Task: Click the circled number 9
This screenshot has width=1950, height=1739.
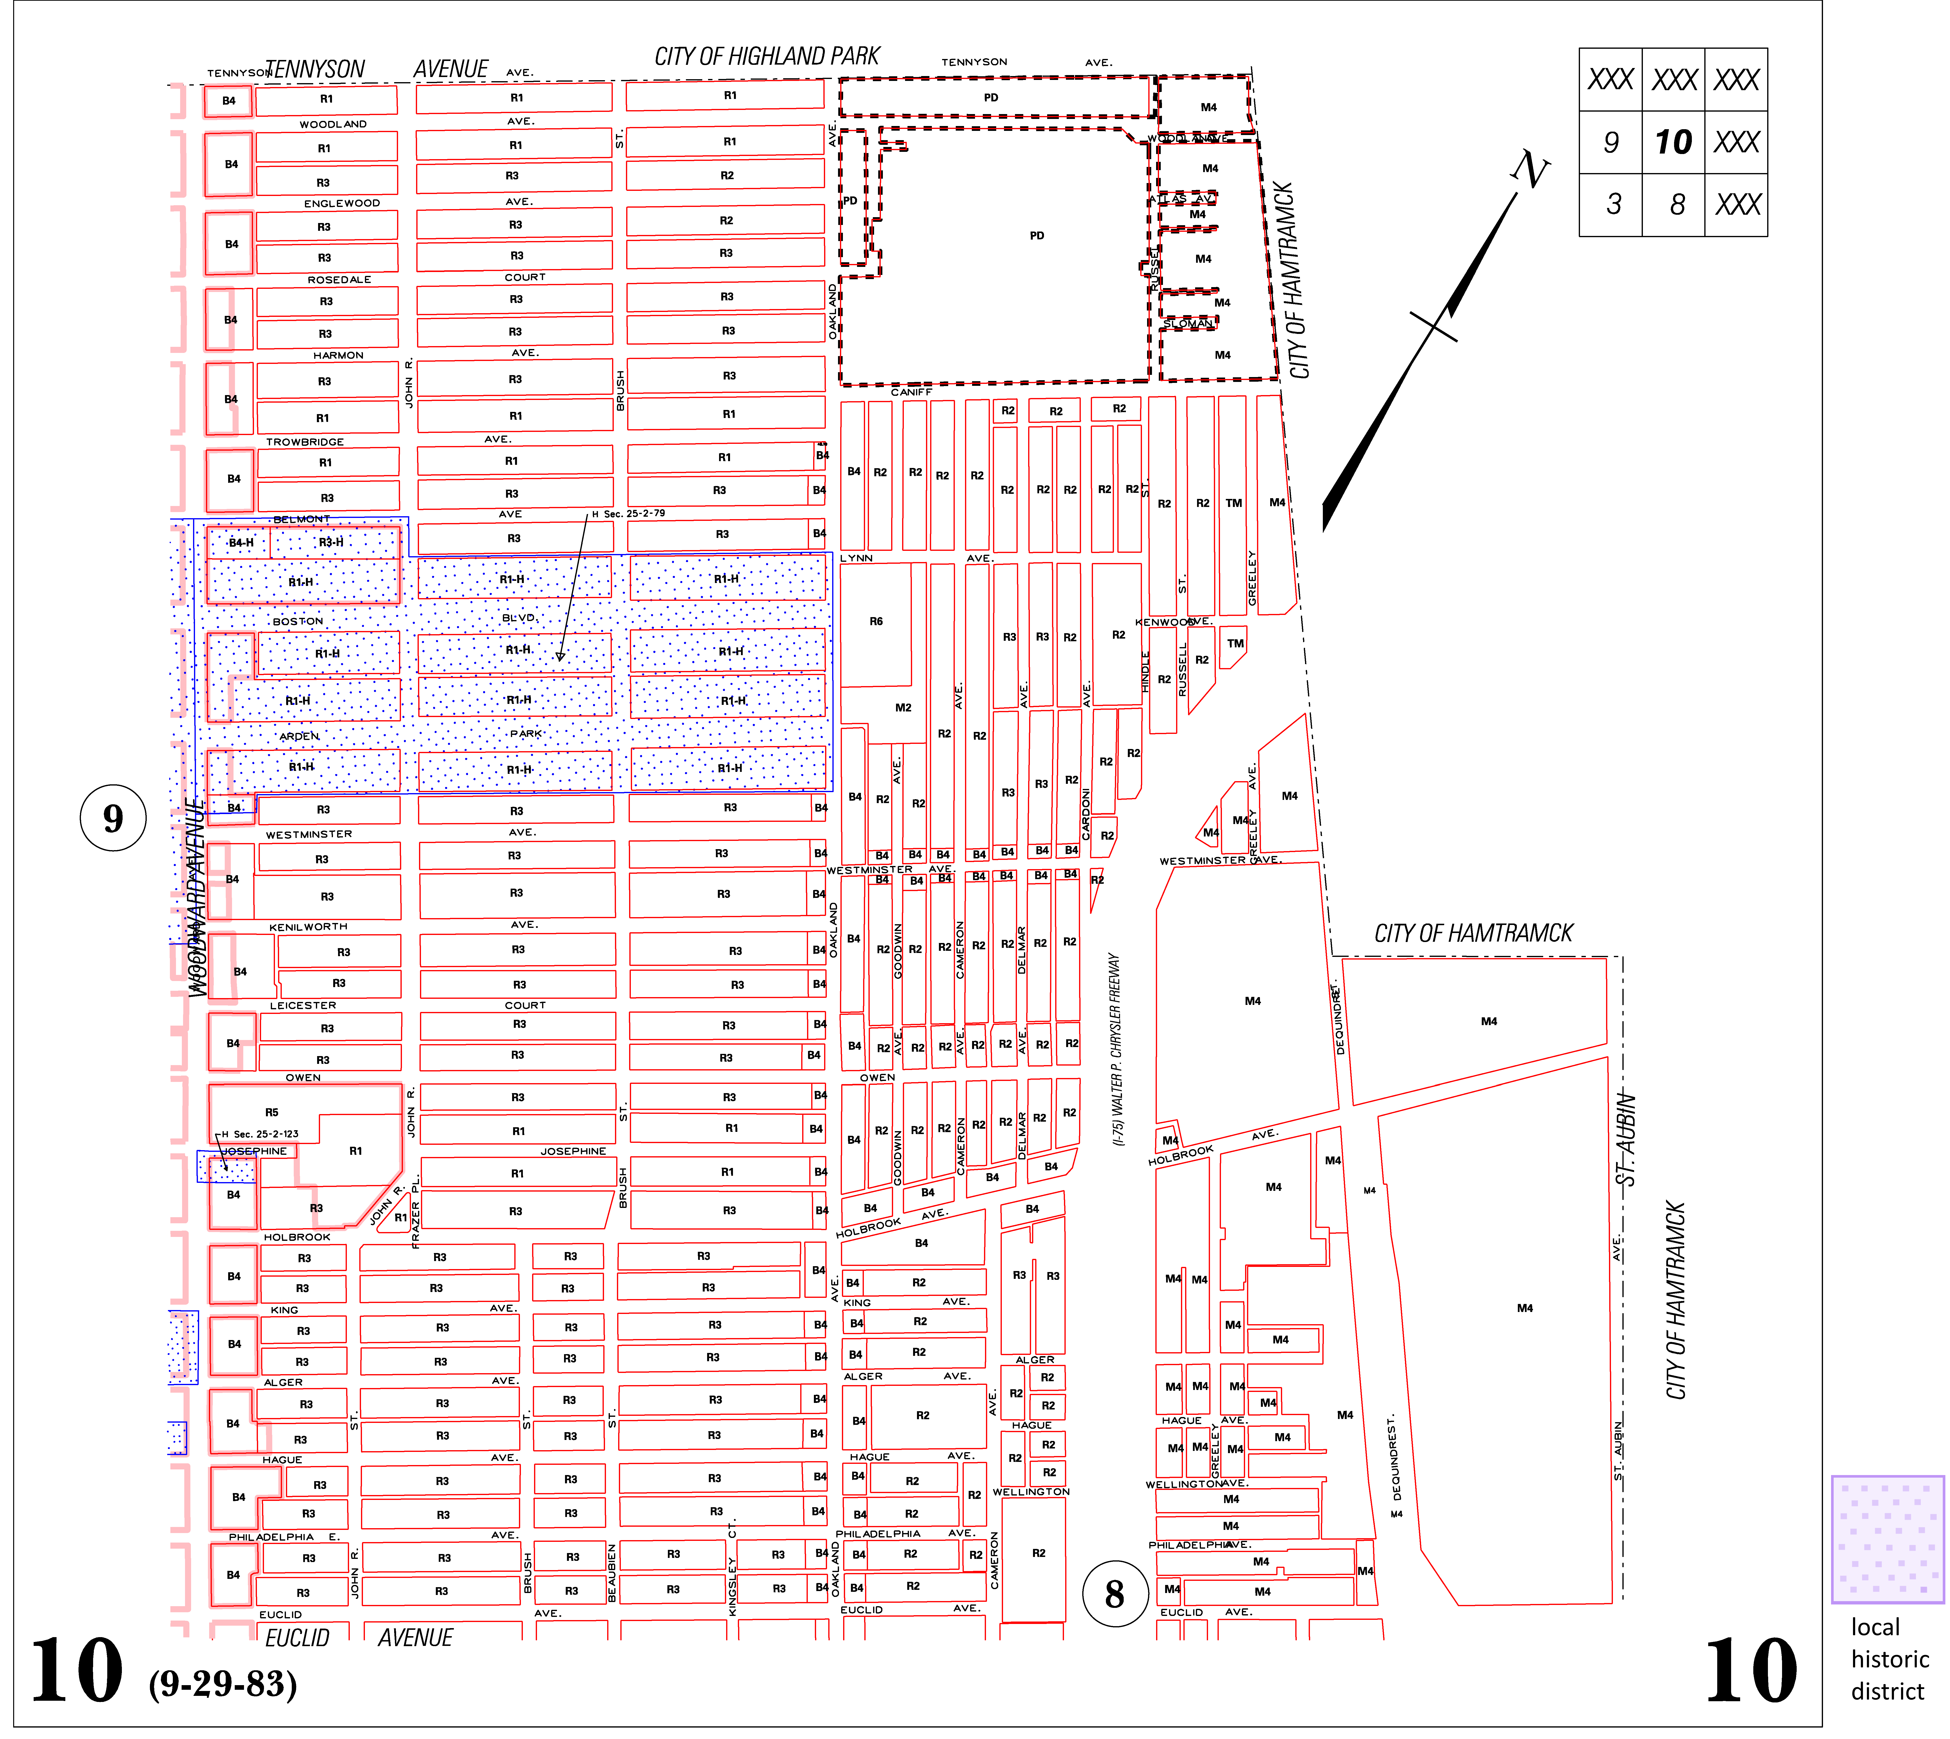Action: click(113, 818)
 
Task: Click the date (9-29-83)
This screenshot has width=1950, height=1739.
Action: click(223, 1684)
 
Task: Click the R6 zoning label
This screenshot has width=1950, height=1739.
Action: click(876, 621)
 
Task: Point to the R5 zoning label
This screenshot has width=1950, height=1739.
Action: click(272, 1112)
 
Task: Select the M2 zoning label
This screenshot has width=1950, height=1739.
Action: click(903, 708)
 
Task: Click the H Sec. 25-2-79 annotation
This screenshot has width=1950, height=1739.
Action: click(629, 514)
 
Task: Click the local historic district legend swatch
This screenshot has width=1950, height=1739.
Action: click(1887, 1538)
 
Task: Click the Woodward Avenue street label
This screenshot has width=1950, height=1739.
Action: click(196, 898)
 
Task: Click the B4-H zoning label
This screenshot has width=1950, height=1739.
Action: click(242, 543)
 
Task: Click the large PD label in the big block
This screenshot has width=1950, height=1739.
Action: click(1037, 236)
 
